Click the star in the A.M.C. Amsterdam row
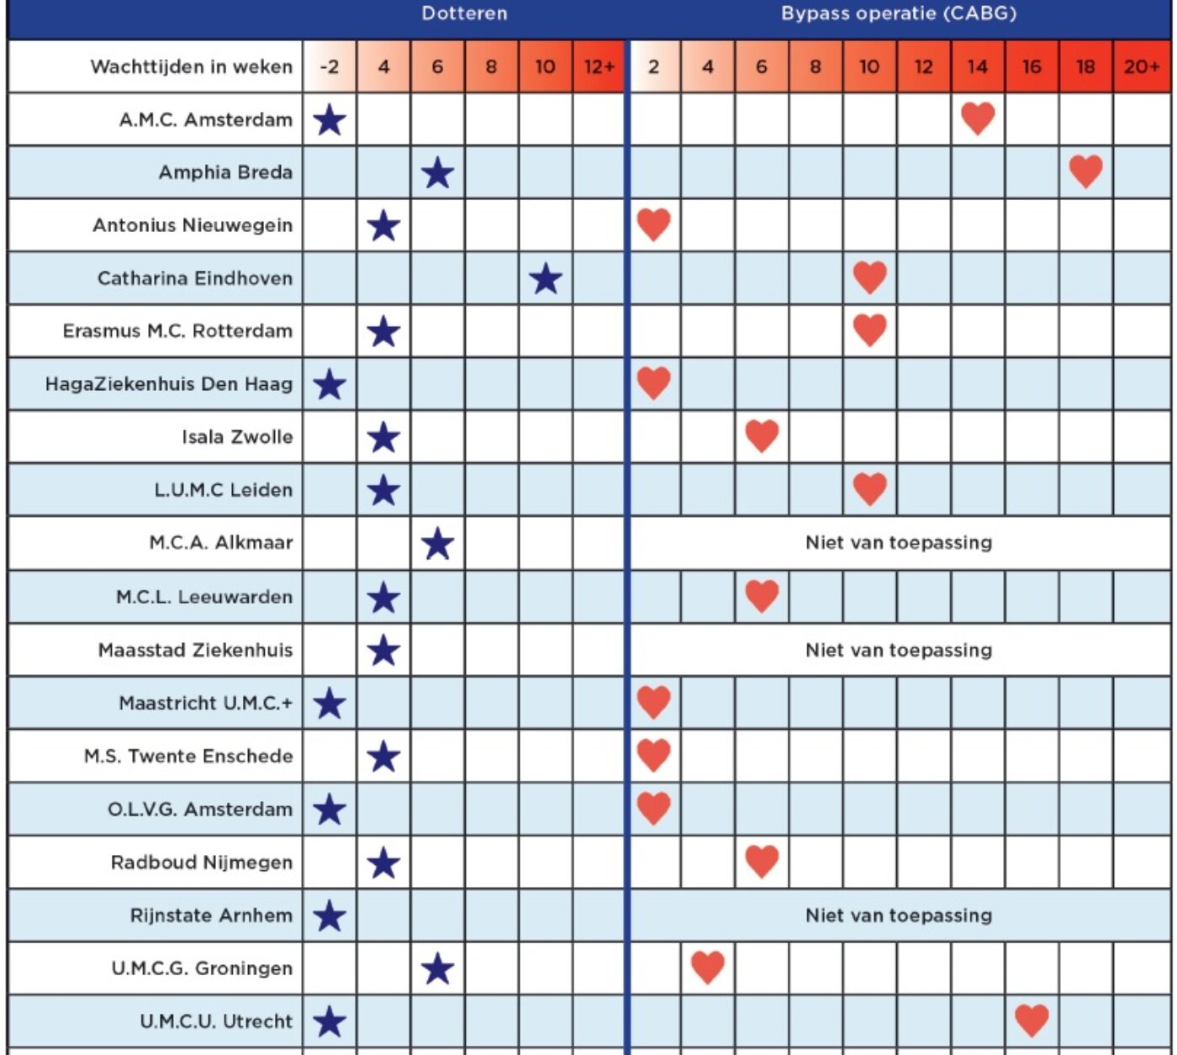[330, 120]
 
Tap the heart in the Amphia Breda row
[1086, 171]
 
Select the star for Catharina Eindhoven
[546, 279]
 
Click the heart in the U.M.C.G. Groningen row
[708, 968]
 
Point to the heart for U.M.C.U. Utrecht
[1032, 1021]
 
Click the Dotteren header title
[464, 13]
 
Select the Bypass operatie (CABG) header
[899, 13]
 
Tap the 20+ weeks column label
[1142, 66]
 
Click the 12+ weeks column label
[599, 66]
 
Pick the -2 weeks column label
[330, 66]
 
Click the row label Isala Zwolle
[237, 437]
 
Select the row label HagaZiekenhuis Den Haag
[169, 384]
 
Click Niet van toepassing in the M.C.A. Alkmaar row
[899, 542]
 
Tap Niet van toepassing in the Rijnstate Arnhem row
[899, 915]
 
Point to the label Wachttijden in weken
[191, 66]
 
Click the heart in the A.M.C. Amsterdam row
[978, 119]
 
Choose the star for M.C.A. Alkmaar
[437, 544]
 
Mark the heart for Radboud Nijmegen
[762, 861]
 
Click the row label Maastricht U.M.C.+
[206, 703]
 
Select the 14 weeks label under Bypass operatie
[978, 66]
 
